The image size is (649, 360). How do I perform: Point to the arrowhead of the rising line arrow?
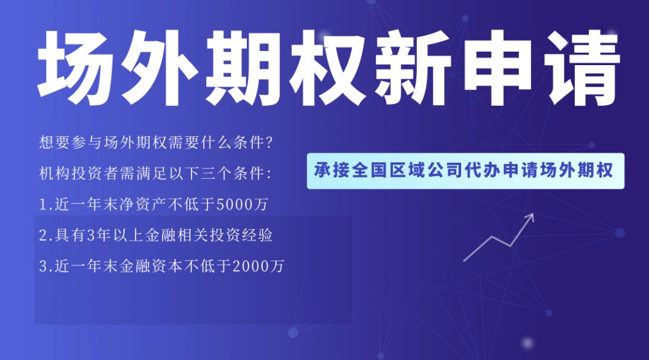point(530,217)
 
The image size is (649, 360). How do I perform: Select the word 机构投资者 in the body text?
point(79,174)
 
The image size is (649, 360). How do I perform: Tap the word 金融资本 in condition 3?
point(151,266)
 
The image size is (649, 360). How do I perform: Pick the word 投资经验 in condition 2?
point(241,235)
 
